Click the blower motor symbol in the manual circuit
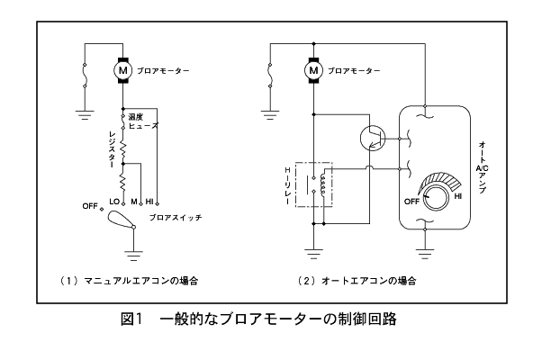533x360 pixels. click(122, 70)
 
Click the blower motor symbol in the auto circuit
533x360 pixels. click(313, 70)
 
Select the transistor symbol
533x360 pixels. click(373, 138)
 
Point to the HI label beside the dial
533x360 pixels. click(458, 196)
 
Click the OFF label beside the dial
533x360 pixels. click(411, 202)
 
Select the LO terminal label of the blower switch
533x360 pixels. click(114, 202)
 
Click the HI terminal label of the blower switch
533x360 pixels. click(149, 202)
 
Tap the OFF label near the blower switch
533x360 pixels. click(90, 206)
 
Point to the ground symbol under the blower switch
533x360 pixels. click(133, 256)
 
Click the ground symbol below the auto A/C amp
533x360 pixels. click(425, 254)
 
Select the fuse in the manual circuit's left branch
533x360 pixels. click(85, 75)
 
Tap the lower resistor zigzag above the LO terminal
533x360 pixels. click(123, 182)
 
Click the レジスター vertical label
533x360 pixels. click(112, 149)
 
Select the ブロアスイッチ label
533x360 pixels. click(176, 217)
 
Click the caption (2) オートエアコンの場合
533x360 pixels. click(357, 281)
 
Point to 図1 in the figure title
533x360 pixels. click(131, 319)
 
